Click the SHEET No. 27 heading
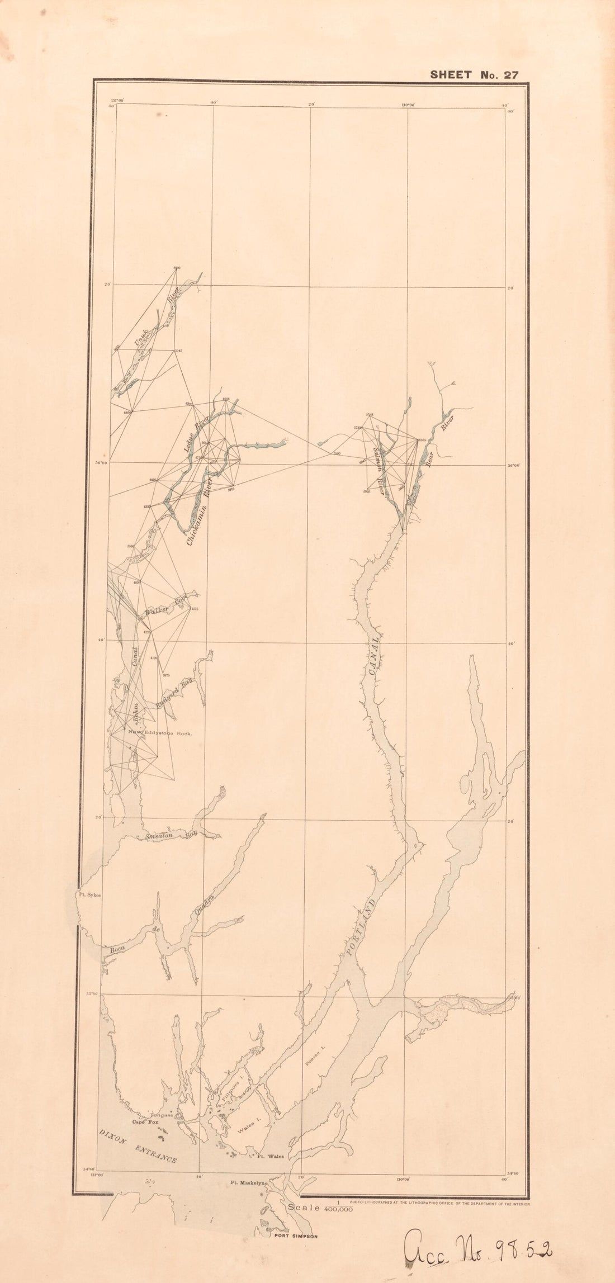[x=474, y=75]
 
